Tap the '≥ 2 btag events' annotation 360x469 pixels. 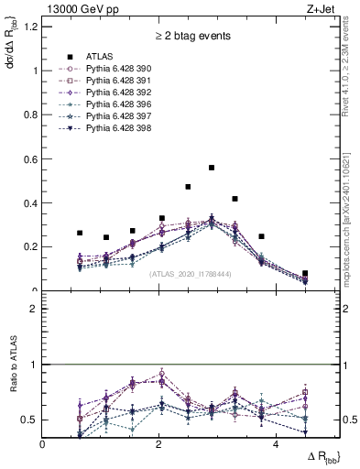(191, 37)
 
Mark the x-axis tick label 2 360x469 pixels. (159, 444)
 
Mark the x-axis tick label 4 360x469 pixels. (276, 444)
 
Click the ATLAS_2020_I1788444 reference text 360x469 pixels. (190, 274)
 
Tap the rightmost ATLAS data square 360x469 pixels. (305, 273)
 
